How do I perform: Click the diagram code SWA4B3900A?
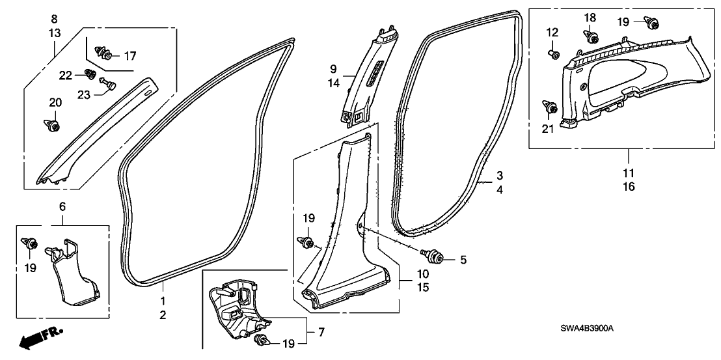[587, 328]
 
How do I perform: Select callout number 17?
[129, 55]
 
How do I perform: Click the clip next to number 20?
[53, 123]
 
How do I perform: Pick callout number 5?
[463, 260]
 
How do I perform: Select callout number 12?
[552, 32]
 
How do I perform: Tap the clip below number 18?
[592, 38]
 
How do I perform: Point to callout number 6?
[62, 206]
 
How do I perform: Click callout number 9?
[333, 68]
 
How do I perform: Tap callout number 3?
[500, 176]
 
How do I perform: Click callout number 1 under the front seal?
[163, 301]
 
